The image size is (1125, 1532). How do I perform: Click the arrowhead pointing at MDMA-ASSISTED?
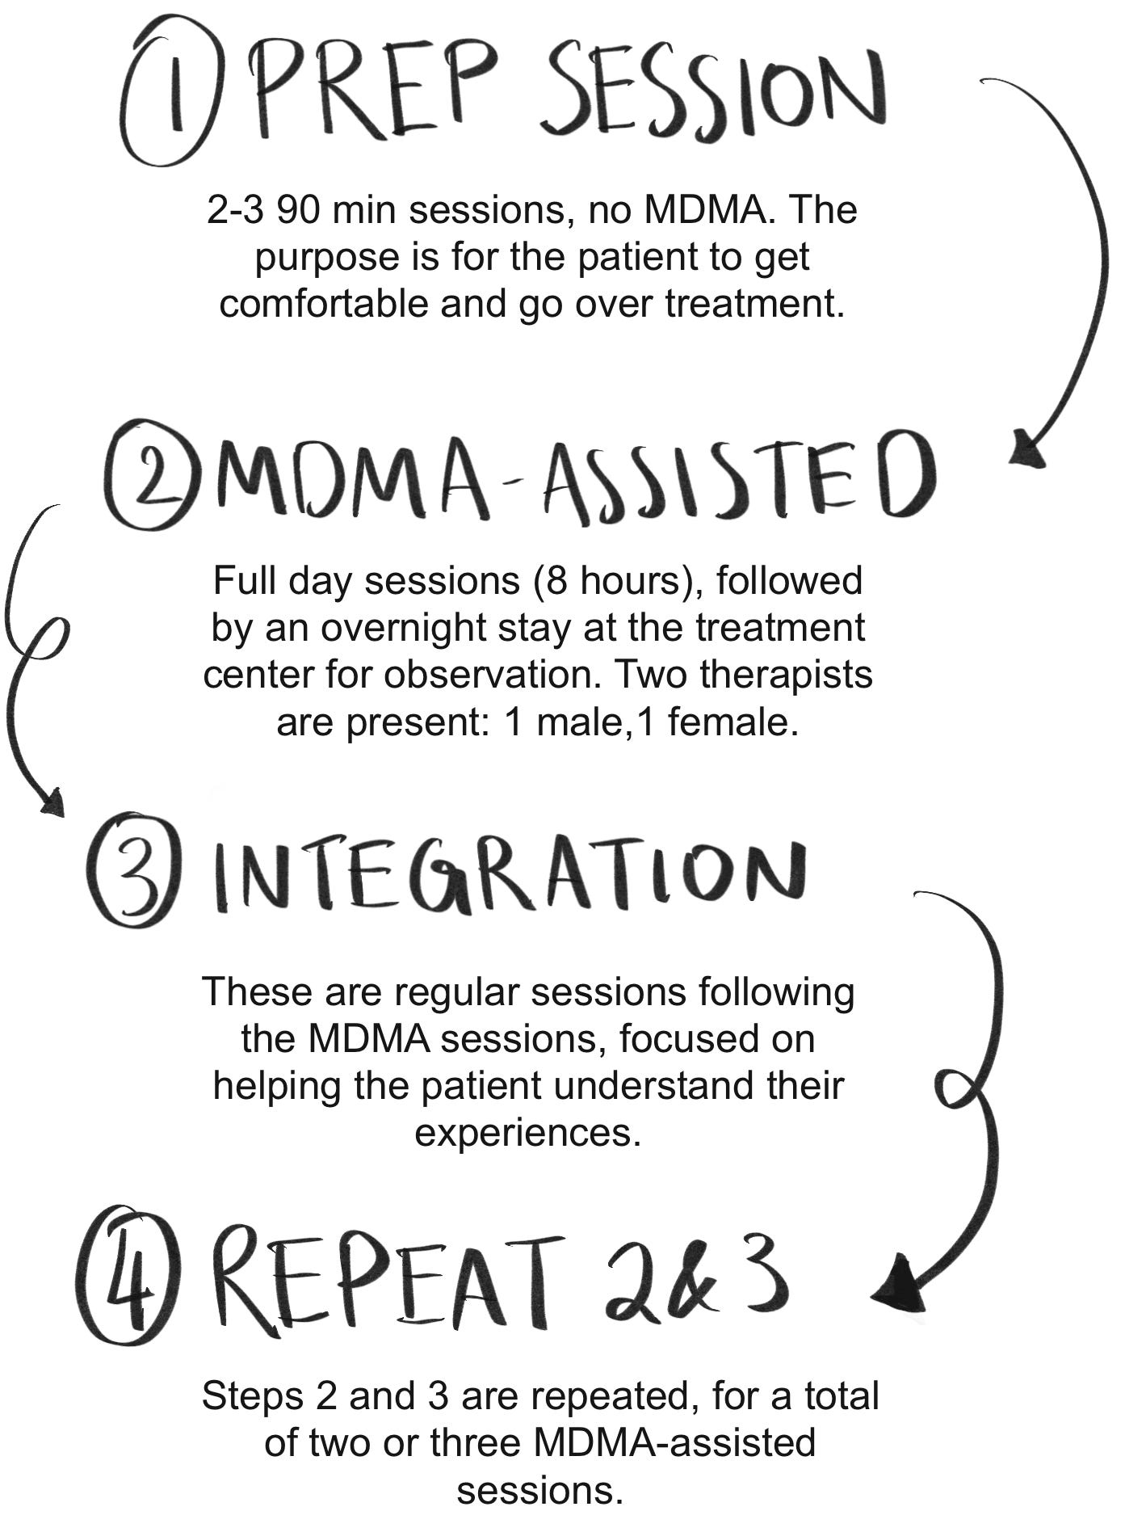1026,449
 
